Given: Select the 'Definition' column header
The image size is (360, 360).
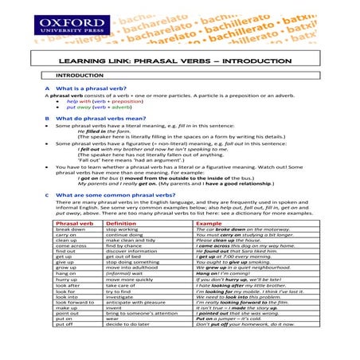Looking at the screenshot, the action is (x=127, y=224).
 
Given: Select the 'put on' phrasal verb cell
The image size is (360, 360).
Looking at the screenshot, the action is (x=66, y=345).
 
